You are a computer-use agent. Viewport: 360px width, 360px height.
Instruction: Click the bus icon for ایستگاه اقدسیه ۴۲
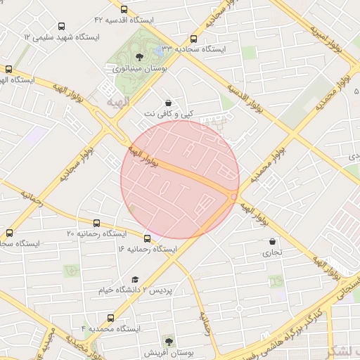point(124,10)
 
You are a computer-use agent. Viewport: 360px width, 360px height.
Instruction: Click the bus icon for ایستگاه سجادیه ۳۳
point(194,39)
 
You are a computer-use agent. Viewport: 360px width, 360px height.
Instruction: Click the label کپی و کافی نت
point(167,113)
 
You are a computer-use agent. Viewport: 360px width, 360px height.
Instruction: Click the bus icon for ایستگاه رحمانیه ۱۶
point(147,238)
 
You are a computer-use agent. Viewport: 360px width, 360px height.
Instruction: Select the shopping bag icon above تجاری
point(272,241)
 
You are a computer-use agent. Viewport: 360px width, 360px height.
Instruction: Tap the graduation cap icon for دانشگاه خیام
point(135,279)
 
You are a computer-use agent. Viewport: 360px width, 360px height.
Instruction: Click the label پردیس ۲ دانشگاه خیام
point(138,290)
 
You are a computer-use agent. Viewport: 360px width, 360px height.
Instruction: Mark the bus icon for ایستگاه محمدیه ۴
point(96,318)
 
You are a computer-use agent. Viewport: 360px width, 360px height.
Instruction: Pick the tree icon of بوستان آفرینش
point(167,341)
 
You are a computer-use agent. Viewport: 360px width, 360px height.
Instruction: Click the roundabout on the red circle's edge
point(234,196)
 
